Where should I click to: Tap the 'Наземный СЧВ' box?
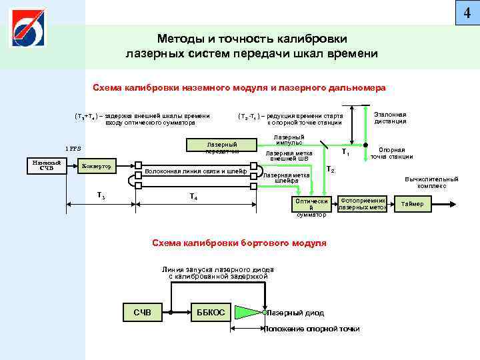47,165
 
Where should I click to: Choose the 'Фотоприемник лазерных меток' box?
363,203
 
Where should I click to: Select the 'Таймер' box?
412,203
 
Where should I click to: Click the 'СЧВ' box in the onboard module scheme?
142,312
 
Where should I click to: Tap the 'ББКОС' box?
211,312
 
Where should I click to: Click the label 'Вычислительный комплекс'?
431,182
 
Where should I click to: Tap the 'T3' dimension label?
101,195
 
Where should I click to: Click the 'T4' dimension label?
193,197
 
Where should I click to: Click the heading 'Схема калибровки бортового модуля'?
239,243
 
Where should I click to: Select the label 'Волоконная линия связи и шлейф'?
195,171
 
